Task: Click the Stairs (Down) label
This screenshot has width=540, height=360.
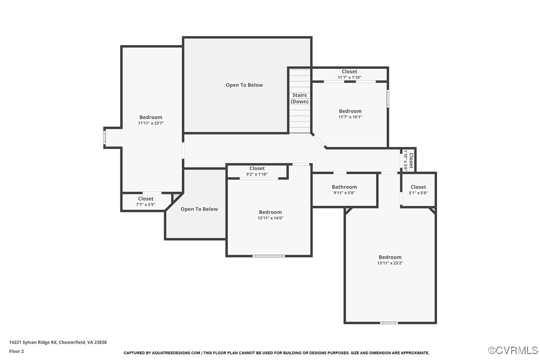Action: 299,98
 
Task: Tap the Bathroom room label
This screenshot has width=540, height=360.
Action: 344,187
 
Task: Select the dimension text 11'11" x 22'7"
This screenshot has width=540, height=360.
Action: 151,123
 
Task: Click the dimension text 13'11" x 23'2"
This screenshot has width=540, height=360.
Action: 390,263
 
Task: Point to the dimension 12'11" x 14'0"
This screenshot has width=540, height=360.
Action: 270,218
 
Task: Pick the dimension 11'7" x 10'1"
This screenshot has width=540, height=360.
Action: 350,117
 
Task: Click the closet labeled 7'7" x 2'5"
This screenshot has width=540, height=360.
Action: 146,201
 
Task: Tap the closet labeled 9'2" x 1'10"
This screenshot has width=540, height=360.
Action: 257,172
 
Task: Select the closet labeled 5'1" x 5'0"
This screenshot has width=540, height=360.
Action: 418,190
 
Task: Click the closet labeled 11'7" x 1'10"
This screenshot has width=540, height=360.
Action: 349,75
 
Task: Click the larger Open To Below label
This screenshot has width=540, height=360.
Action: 244,85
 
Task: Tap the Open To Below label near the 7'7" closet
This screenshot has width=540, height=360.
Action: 199,209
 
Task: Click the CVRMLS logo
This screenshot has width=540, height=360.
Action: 513,350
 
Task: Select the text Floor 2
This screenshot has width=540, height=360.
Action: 16,351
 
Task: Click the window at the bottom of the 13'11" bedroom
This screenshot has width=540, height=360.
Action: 389,323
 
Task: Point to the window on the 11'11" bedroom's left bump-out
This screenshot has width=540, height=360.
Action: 104,137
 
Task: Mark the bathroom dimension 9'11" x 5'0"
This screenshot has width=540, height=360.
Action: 344,193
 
